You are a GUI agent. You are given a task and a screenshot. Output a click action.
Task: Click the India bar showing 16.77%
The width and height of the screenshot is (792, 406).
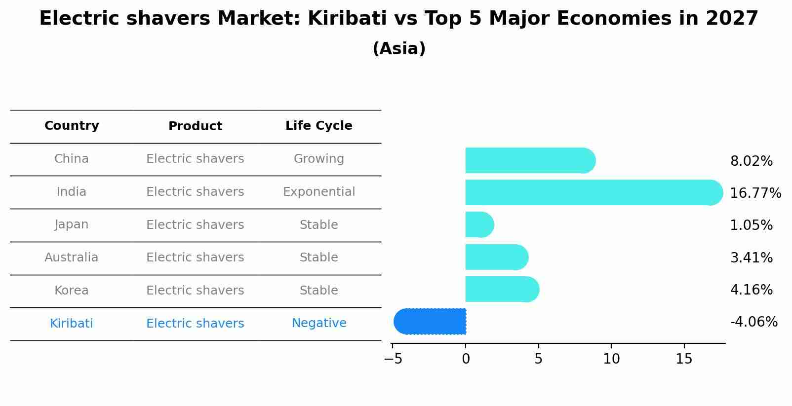593,192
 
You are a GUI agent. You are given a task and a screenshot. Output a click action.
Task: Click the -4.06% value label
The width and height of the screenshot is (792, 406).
753,322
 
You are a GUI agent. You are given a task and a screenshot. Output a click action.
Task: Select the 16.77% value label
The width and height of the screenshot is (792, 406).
755,193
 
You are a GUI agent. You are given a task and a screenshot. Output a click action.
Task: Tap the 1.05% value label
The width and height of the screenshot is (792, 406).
751,225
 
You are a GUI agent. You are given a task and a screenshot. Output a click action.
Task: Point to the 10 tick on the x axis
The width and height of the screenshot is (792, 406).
611,359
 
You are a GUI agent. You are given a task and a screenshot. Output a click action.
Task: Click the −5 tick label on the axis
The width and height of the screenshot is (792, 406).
393,359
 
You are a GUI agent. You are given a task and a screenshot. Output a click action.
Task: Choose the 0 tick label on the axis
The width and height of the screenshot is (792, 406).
466,359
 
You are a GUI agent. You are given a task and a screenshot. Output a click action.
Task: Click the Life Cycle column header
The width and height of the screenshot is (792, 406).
318,126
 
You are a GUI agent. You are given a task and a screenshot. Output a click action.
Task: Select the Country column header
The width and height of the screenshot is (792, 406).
72,126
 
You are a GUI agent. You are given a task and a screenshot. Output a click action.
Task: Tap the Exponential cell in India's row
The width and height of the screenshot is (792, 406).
318,192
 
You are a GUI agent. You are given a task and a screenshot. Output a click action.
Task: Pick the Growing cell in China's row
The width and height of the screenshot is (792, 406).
318,159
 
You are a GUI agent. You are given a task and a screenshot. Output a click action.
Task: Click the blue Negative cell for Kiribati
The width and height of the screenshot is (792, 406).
318,323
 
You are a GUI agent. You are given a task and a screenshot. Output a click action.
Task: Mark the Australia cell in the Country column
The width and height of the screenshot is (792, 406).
72,258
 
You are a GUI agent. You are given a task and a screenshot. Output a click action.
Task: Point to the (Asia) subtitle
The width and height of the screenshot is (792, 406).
399,49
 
